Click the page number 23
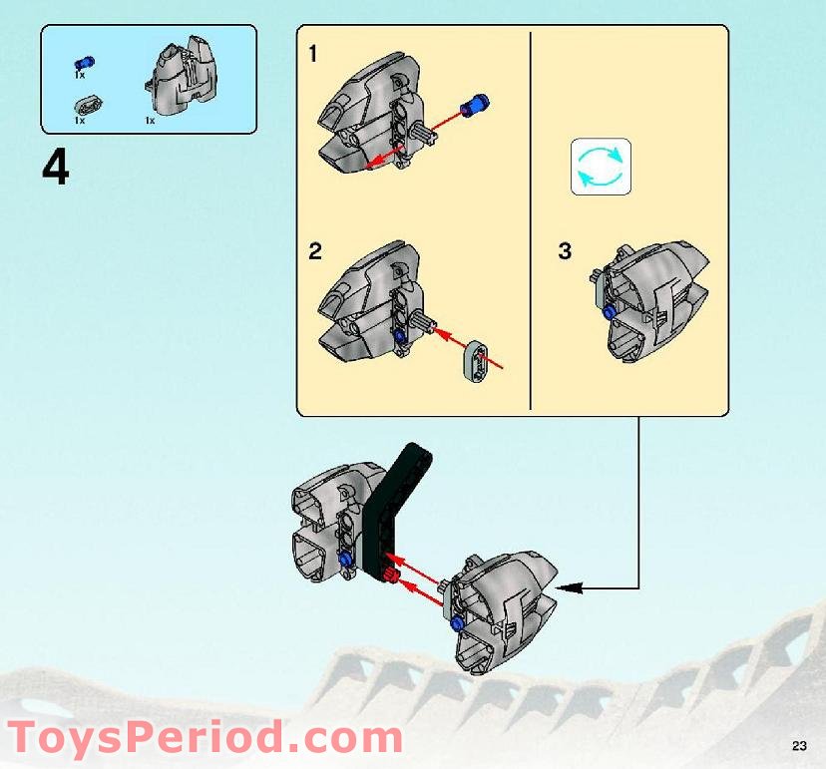pos(799,746)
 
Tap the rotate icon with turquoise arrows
pos(601,167)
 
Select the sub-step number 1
pos(313,55)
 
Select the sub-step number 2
pos(315,251)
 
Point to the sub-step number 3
pos(565,251)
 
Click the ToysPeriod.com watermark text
pos(205,739)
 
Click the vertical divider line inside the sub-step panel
pos(530,219)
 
